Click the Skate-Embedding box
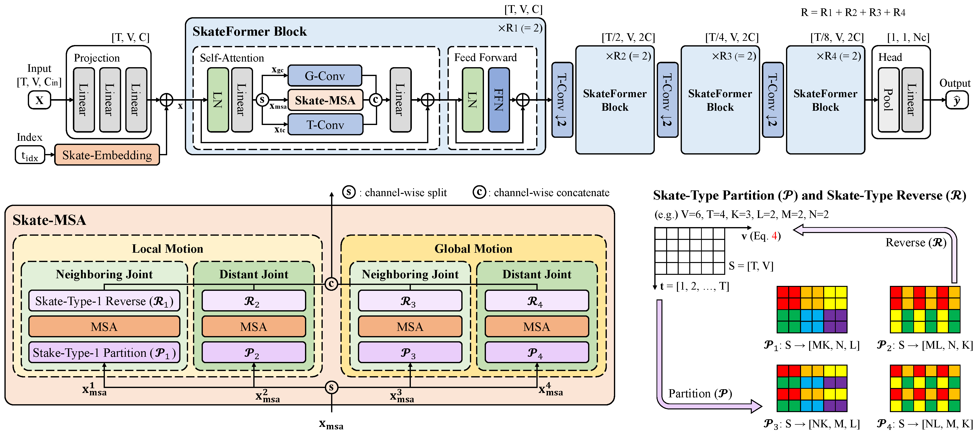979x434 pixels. [107, 155]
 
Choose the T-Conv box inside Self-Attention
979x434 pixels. [325, 125]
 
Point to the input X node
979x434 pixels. [40, 100]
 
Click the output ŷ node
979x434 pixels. [957, 100]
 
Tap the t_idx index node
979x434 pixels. [30, 155]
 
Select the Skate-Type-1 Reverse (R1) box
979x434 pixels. [104, 301]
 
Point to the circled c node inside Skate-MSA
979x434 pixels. [331, 284]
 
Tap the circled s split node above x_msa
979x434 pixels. [331, 387]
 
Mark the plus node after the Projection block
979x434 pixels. [166, 100]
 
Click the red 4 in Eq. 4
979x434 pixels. [774, 236]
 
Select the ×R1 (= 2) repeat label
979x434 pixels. [520, 28]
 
